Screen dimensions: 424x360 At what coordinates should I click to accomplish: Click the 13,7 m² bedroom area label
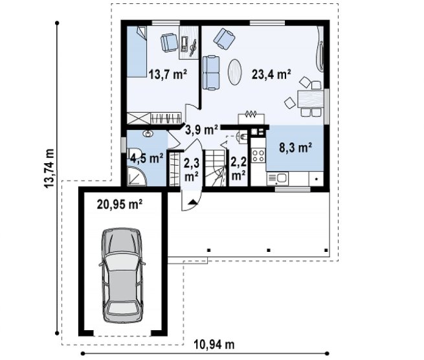168,74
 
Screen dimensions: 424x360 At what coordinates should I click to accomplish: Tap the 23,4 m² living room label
271,74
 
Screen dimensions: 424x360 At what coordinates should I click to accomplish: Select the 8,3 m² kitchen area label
295,148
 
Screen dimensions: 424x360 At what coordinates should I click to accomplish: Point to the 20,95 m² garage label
120,204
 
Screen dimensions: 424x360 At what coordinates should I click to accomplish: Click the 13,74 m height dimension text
49,168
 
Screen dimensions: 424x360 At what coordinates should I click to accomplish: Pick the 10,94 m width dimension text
214,344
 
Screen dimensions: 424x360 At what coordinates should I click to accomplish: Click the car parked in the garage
122,275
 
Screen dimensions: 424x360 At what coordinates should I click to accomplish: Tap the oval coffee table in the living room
235,72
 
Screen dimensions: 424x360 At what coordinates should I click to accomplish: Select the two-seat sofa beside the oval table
211,73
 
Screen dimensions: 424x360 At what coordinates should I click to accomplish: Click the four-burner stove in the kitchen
258,155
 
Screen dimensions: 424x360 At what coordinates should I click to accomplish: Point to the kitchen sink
278,179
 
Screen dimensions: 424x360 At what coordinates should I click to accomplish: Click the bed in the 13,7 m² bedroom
137,52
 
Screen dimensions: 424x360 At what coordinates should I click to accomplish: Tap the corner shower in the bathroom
137,176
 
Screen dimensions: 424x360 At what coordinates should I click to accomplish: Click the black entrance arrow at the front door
192,202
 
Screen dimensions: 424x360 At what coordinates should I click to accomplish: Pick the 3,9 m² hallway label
202,130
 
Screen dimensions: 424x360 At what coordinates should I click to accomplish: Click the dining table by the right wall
311,98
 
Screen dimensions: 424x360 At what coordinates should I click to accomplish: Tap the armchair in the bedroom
170,42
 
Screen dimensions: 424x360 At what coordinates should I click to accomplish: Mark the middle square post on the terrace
269,250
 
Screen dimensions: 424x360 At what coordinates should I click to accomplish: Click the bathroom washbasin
148,133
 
